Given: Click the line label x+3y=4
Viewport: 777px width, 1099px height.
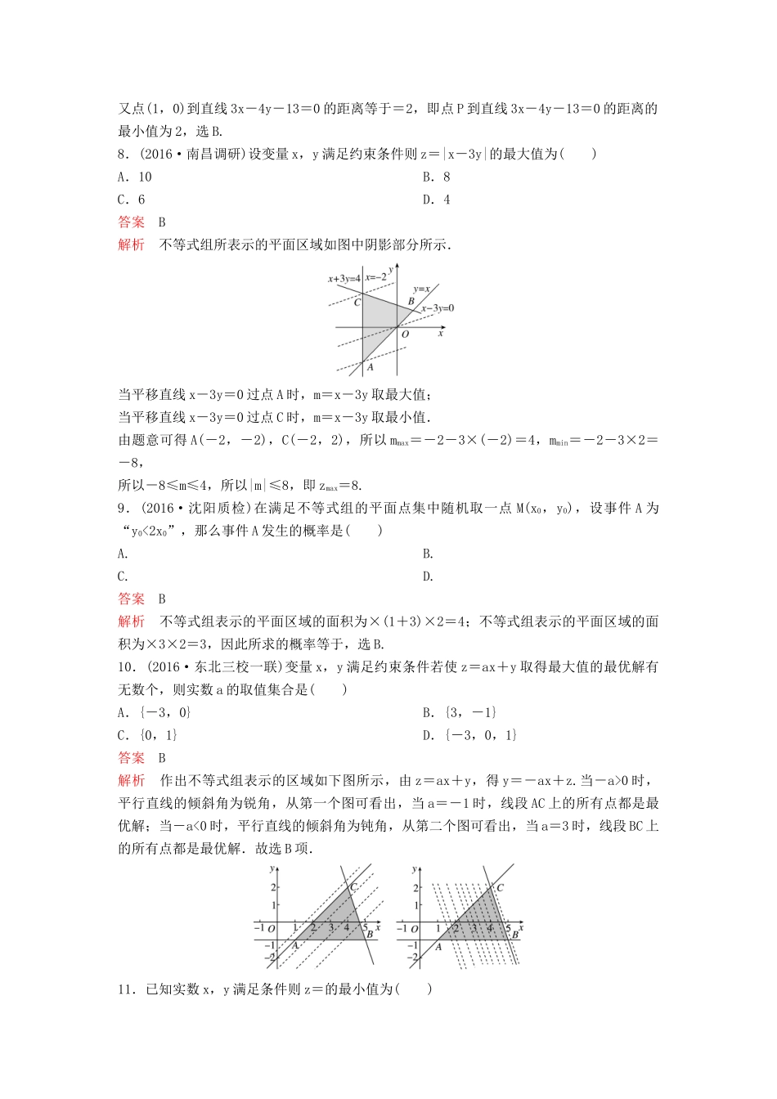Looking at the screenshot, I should tap(344, 279).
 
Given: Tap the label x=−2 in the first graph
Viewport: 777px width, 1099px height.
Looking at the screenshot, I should tap(375, 277).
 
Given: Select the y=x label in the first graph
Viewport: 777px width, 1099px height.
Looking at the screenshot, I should tap(421, 289).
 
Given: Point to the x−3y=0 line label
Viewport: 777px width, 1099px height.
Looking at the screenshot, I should tap(438, 308).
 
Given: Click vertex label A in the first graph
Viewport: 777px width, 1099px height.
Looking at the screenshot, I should tap(370, 367).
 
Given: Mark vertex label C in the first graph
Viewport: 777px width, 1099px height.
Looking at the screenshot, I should tap(357, 303).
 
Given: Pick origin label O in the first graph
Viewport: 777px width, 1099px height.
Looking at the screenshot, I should tap(405, 334).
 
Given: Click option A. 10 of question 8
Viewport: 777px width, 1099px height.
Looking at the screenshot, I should tap(135, 177).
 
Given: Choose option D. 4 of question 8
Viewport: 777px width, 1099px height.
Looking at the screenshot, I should tap(436, 200).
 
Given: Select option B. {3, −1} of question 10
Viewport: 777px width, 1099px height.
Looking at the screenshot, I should tap(459, 712).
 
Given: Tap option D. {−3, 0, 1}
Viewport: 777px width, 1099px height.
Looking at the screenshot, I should tap(469, 735).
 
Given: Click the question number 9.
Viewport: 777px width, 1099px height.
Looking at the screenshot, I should tap(124, 508).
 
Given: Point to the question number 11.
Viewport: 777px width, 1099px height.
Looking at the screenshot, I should tap(128, 989).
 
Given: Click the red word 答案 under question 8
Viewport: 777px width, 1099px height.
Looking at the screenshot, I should tap(131, 222).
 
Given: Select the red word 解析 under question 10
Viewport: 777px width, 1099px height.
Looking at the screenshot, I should tap(131, 780).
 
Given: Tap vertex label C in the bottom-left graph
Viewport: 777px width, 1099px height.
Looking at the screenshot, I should tap(353, 887).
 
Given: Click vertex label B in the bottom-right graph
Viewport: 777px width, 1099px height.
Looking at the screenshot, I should tap(514, 935).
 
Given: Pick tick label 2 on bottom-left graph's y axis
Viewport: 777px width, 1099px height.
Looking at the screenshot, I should tap(274, 887).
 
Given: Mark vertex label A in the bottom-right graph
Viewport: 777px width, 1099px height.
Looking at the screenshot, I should tap(438, 946).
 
